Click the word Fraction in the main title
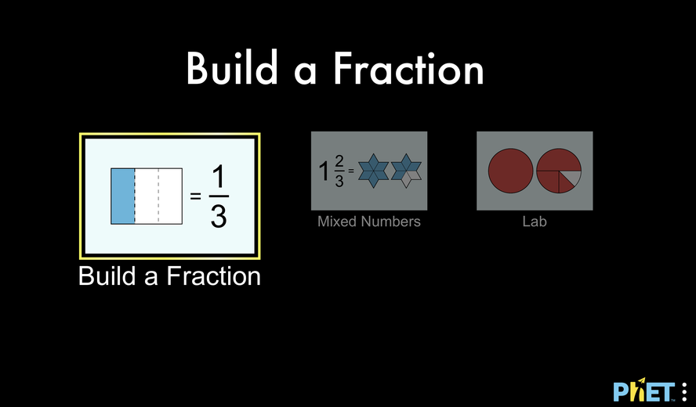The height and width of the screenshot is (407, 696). click(x=408, y=68)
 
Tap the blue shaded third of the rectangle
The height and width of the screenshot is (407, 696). click(x=123, y=196)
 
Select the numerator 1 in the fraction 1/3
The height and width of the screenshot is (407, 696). click(x=219, y=178)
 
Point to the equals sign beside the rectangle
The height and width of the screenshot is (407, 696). click(x=195, y=196)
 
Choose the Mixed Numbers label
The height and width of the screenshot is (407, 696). click(x=369, y=222)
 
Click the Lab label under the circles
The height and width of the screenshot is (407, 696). click(x=535, y=222)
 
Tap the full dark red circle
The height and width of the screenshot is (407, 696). click(x=510, y=171)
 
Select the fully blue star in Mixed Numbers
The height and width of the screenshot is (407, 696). click(x=373, y=171)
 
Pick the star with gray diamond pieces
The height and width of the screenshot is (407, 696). click(x=406, y=171)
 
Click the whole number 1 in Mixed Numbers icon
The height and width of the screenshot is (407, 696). click(x=324, y=171)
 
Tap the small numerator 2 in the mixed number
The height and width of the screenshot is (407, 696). click(x=339, y=162)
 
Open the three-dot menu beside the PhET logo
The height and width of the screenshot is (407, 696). click(x=684, y=392)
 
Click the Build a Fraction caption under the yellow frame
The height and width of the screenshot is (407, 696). click(x=169, y=276)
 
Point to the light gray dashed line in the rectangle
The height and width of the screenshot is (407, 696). click(x=158, y=196)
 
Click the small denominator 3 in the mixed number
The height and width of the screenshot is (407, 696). click(x=339, y=181)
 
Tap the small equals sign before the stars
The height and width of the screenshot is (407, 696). click(x=350, y=171)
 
